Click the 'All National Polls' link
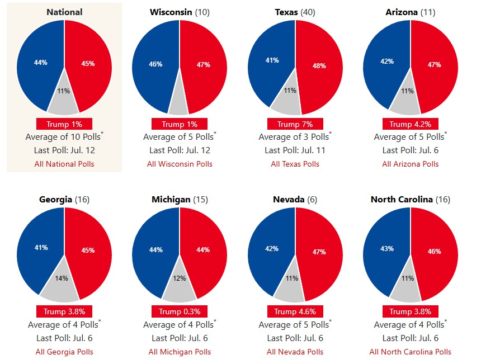64,164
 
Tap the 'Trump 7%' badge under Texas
295,124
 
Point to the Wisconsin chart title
179,12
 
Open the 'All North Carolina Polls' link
410,352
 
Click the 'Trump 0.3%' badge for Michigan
180,311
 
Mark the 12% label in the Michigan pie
179,278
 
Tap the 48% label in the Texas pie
319,65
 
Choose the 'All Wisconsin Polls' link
180,164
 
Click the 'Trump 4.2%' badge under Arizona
410,124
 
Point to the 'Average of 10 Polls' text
63,137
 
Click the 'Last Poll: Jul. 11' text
295,150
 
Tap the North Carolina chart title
410,200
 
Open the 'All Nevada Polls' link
295,352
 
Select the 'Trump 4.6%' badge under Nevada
295,311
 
